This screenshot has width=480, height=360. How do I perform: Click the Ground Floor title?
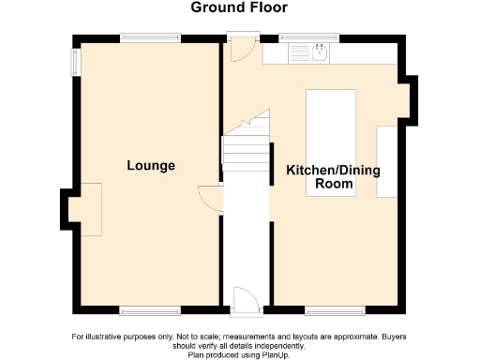coord(239,8)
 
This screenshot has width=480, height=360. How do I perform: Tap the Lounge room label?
coord(151,166)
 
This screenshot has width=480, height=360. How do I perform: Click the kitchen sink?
coord(320,53)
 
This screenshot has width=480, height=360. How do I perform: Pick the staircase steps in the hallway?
coord(246,150)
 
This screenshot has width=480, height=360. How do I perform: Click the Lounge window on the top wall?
coord(150,37)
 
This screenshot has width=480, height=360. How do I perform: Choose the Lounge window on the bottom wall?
coord(150,308)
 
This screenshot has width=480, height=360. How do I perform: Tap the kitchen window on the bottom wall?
coord(334,308)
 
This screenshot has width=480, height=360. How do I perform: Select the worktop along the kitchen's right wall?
coord(387,161)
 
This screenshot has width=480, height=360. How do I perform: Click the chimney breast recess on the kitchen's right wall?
coord(410,100)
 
